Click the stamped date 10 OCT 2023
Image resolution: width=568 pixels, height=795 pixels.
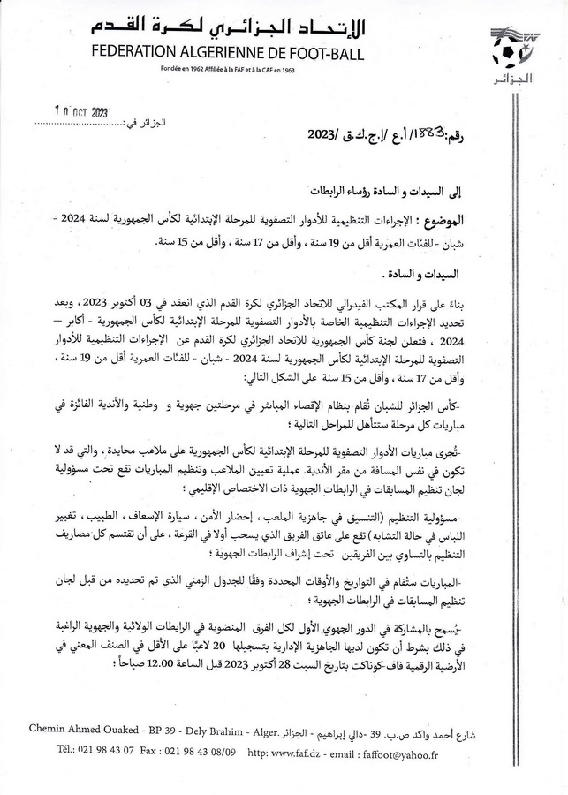(x=72, y=114)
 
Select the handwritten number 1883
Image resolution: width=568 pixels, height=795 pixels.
(x=419, y=135)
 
